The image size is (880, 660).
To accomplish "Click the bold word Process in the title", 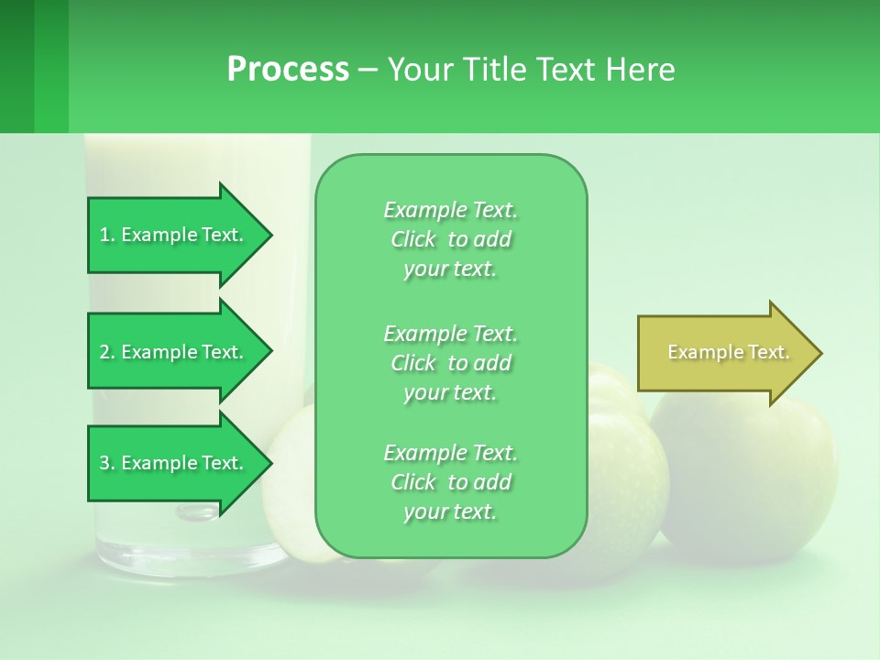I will click(288, 69).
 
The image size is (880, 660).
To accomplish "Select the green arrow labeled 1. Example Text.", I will click(174, 235).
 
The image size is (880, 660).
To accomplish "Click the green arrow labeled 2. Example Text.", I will click(174, 352).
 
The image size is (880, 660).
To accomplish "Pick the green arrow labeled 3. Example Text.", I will click(174, 463).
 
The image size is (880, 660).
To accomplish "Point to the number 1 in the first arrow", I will click(104, 235).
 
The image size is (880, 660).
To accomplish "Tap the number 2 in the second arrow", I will click(104, 352).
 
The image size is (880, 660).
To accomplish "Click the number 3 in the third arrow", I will click(104, 463).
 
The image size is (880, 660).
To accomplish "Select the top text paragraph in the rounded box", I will click(450, 239).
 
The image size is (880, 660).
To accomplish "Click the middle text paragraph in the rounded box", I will click(450, 363).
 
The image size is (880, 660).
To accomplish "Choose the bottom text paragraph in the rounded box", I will click(450, 482).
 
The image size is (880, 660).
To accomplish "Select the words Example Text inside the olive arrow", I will click(728, 353).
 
